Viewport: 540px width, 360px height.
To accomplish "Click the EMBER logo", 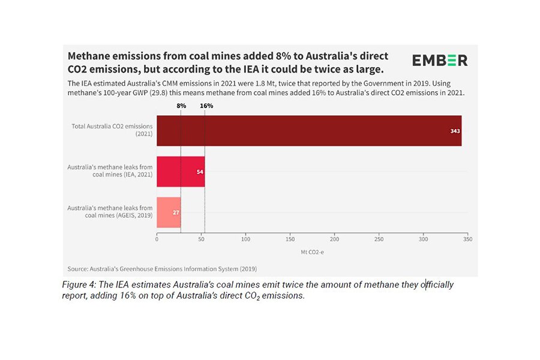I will [x=439, y=60].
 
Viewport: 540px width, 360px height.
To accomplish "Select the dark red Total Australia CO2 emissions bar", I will [x=309, y=130].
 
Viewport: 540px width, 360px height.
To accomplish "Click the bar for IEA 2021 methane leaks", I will [x=181, y=172].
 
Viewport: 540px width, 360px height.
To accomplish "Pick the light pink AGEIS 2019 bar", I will [x=169, y=212].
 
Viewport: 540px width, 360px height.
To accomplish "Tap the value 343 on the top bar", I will [x=455, y=130].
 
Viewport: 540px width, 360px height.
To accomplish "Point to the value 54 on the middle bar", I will [x=200, y=172].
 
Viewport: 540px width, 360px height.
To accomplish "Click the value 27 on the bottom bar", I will [x=176, y=212].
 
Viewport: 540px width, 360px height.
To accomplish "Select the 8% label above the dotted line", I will [x=181, y=106].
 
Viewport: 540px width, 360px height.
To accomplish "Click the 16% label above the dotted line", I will [x=206, y=106].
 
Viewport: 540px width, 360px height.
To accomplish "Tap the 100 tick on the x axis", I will [x=245, y=239].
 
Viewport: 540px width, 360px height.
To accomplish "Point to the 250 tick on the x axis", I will [x=379, y=239].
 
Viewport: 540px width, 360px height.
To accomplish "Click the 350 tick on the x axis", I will [x=467, y=239].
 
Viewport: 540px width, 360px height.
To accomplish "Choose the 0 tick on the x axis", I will [x=157, y=239].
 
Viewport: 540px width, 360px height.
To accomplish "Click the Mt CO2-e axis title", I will [x=312, y=252].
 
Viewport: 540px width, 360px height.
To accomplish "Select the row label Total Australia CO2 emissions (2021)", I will [x=112, y=130].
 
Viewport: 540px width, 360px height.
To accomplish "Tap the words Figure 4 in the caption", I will [x=79, y=285].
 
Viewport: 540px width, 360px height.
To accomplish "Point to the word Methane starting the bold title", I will [x=89, y=56].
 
